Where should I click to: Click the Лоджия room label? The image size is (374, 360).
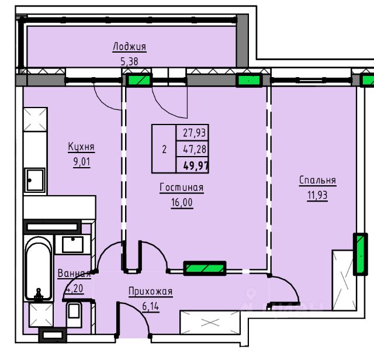click(129, 47)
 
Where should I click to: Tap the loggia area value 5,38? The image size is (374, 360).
click(129, 61)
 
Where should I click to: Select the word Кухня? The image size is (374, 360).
click(81, 147)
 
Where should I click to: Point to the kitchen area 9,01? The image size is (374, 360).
click(82, 162)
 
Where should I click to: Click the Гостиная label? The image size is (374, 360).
click(182, 188)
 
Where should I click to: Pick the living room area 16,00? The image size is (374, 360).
click(182, 202)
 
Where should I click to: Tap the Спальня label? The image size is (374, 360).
click(317, 180)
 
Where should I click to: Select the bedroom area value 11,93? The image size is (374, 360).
click(317, 195)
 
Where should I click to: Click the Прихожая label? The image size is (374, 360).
click(151, 291)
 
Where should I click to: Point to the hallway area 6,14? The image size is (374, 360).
click(151, 306)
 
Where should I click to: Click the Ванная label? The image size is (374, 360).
click(74, 273)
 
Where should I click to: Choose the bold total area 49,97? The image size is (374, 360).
click(196, 165)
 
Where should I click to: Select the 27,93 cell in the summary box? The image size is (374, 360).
click(194, 133)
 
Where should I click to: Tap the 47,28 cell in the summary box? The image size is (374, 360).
click(195, 149)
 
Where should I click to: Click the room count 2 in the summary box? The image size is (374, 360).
click(164, 150)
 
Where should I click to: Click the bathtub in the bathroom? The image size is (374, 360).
click(38, 268)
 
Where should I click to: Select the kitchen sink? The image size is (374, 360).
click(35, 180)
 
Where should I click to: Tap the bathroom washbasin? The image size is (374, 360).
click(72, 244)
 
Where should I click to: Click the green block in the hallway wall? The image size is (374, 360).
click(205, 268)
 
